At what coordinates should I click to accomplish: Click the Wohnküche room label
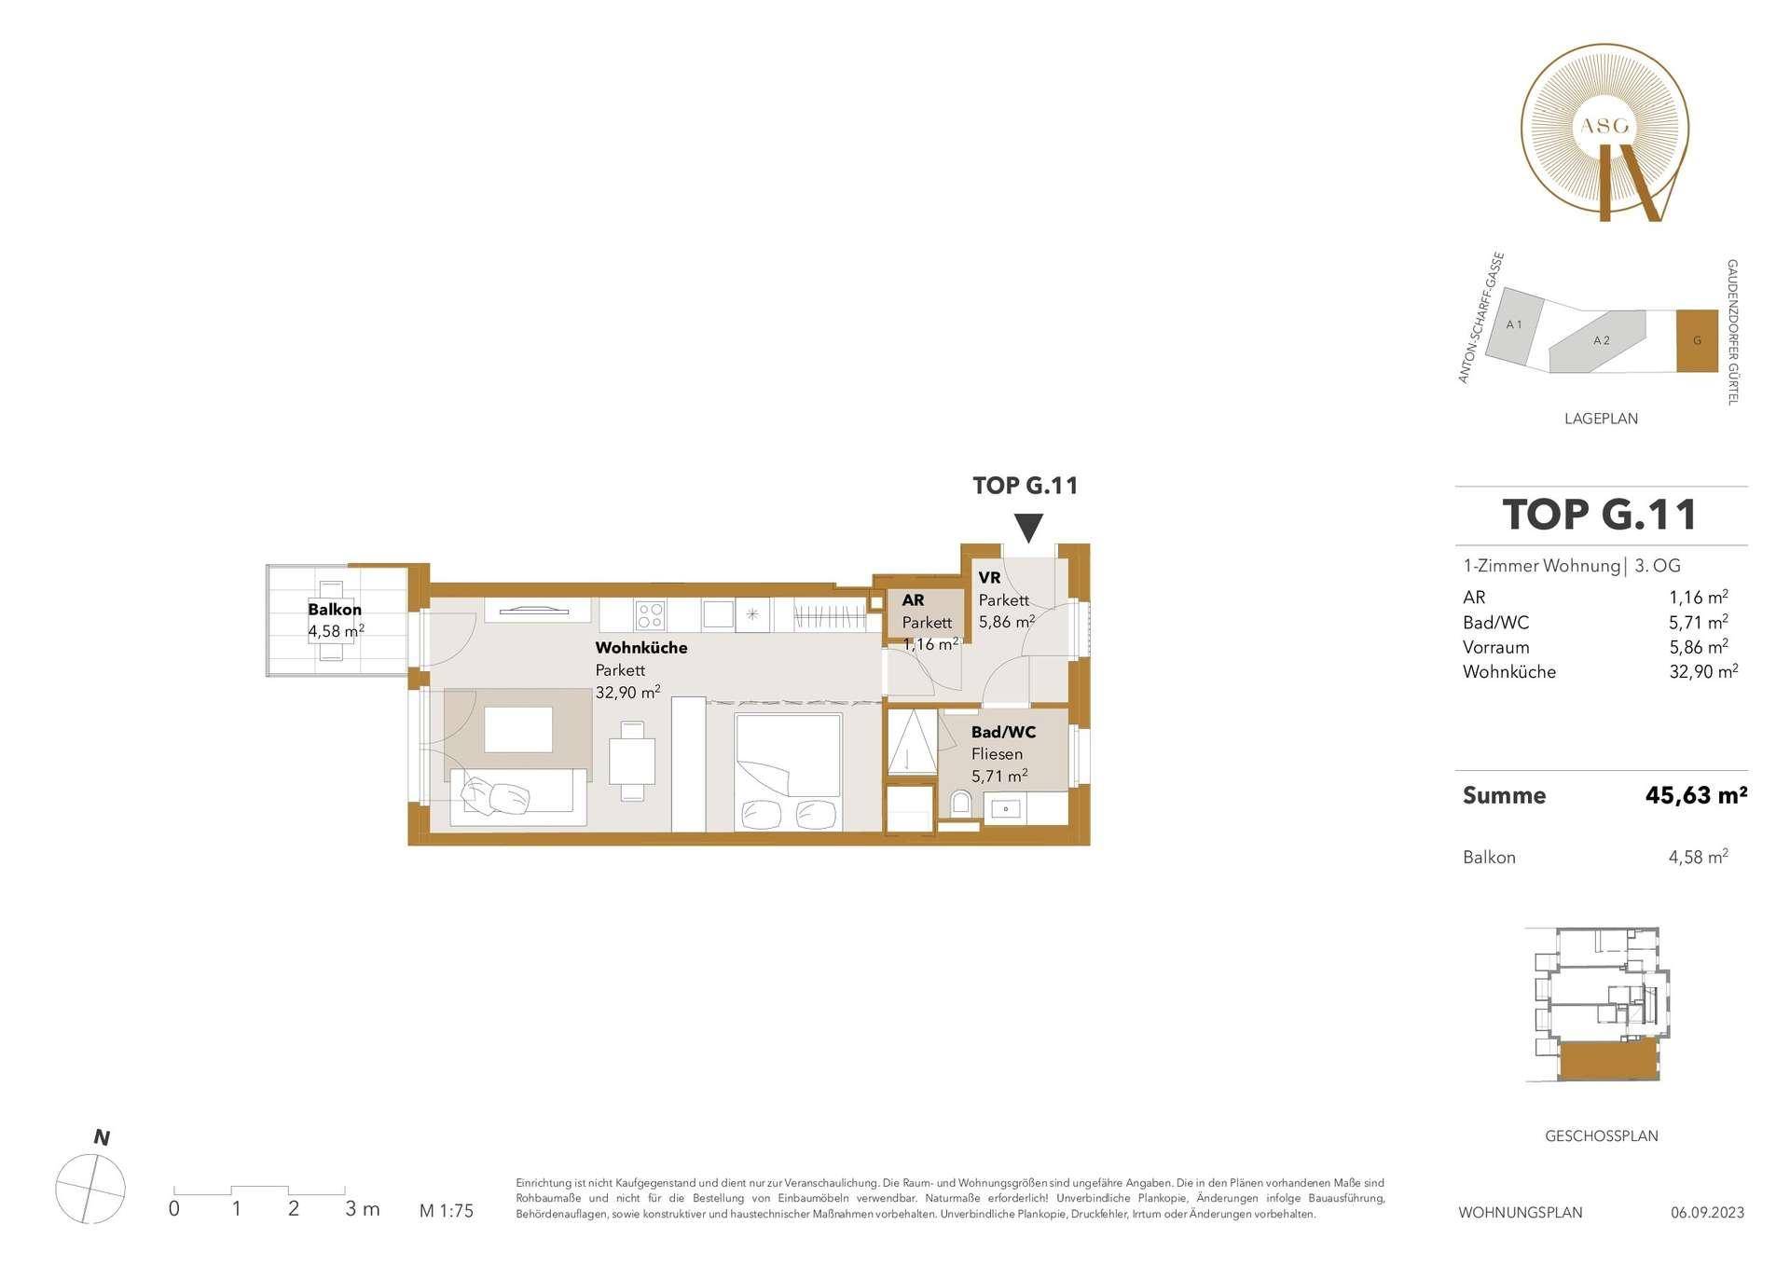(641, 647)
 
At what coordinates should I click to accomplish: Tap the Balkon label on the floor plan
(335, 610)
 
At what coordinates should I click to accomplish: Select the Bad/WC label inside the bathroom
(1003, 732)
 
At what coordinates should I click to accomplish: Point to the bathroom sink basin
(1005, 808)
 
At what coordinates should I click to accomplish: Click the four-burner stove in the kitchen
(650, 614)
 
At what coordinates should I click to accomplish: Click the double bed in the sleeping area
(789, 772)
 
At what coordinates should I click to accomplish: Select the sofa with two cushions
(518, 796)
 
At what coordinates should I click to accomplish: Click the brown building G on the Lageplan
(1697, 341)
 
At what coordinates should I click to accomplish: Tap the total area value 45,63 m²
(1696, 795)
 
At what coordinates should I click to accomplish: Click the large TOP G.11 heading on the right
(1600, 515)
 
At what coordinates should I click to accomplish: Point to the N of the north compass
(102, 1137)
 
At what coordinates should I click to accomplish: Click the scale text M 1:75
(447, 1211)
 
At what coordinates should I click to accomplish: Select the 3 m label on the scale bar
(363, 1209)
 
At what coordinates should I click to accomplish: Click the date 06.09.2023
(1707, 1213)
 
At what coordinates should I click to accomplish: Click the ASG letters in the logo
(1604, 125)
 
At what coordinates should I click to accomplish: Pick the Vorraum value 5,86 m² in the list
(1699, 646)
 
